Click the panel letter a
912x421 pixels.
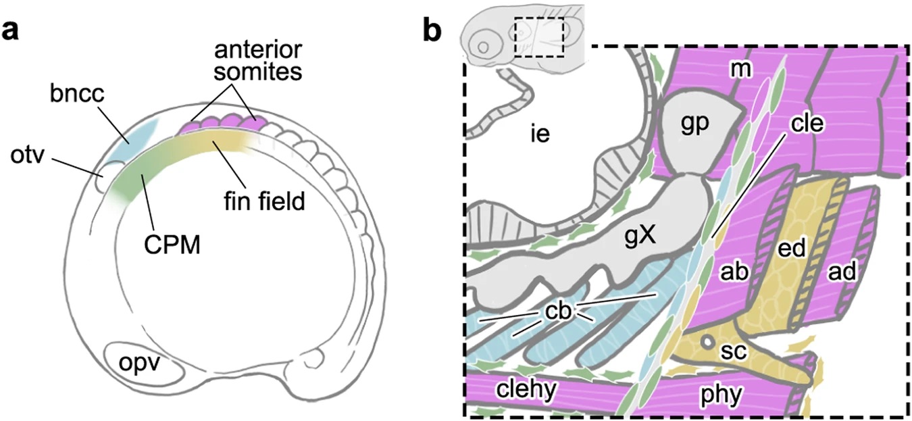click(10, 31)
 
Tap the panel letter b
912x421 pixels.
click(432, 28)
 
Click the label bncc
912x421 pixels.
click(77, 94)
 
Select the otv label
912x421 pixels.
click(27, 155)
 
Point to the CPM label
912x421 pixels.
click(172, 245)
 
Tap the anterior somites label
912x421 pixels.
click(259, 61)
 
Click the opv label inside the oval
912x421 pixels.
click(139, 364)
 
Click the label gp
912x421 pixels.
click(695, 124)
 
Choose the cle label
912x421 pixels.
click(807, 122)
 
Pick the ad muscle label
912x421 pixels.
click(842, 271)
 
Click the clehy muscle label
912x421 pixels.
click(526, 390)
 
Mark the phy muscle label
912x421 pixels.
click(721, 394)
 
